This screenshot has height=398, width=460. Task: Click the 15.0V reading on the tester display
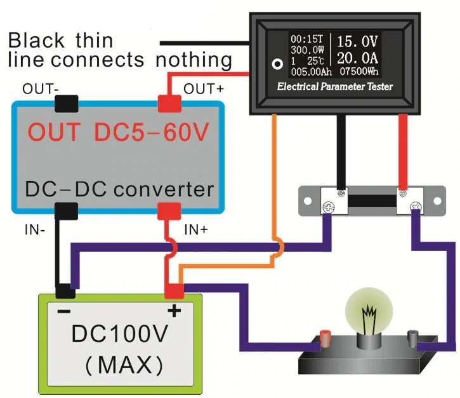pyautogui.click(x=357, y=43)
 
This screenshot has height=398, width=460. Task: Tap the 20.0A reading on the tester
pyautogui.click(x=357, y=58)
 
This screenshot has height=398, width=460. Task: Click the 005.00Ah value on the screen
pyautogui.click(x=308, y=71)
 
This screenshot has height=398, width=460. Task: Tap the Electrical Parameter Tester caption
pyautogui.click(x=334, y=86)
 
